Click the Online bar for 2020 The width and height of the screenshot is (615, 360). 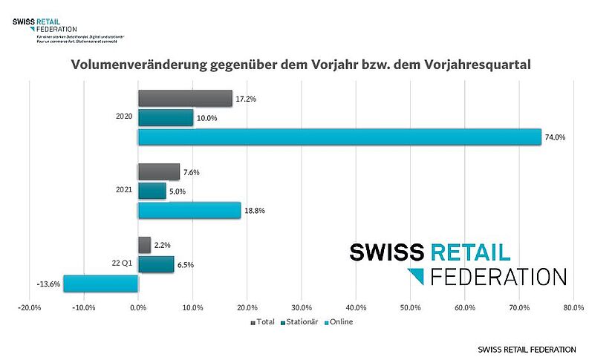pyautogui.click(x=339, y=137)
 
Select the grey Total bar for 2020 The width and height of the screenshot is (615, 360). pyautogui.click(x=185, y=98)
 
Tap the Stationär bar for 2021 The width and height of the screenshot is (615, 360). pyautogui.click(x=152, y=191)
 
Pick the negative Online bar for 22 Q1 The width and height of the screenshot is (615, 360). pyautogui.click(x=101, y=284)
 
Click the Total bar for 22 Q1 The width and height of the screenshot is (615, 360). pyautogui.click(x=144, y=245)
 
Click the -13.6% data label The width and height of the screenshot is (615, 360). pyautogui.click(x=48, y=284)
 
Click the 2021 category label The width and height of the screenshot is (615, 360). pyautogui.click(x=124, y=190)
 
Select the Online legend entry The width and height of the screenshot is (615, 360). pyautogui.click(x=339, y=322)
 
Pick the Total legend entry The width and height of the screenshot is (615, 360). pyautogui.click(x=264, y=322)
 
